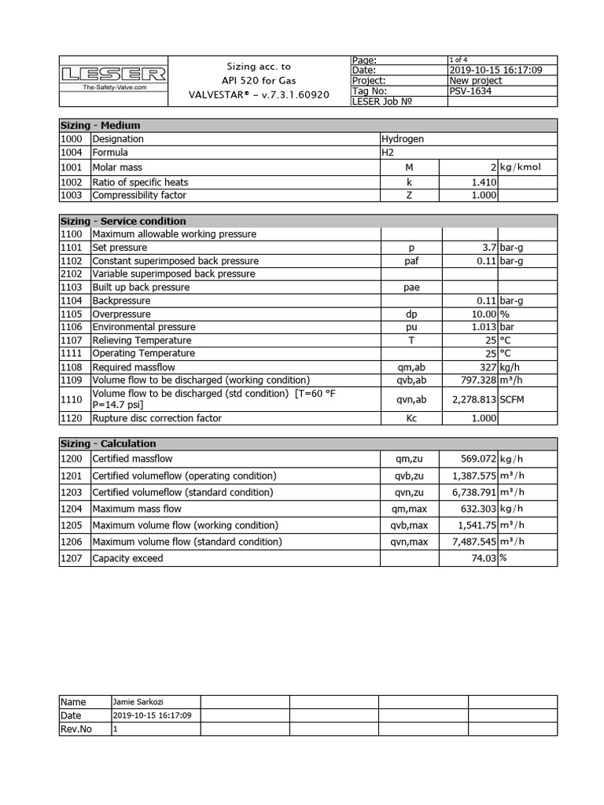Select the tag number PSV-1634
(x=467, y=90)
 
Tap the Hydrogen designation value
(x=402, y=138)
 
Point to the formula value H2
(x=388, y=153)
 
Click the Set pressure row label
(x=120, y=248)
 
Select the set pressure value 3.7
(x=488, y=248)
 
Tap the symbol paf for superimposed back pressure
(x=411, y=261)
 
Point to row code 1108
(x=71, y=366)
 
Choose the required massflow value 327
(x=487, y=366)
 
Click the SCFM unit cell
(x=513, y=399)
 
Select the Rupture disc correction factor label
(x=157, y=418)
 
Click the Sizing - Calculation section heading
(x=109, y=443)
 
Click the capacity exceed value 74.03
(x=482, y=558)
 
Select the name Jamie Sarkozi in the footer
(x=134, y=702)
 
